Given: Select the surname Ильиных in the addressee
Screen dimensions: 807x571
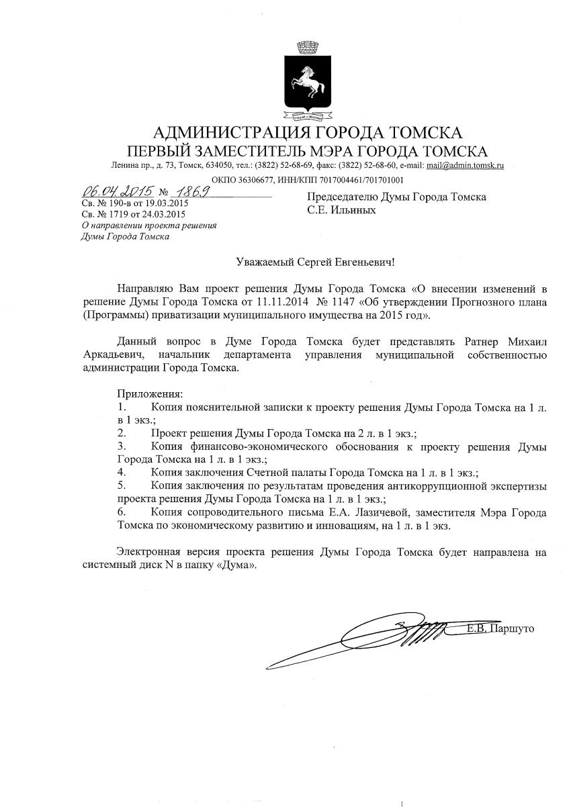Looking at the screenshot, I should click(352, 210).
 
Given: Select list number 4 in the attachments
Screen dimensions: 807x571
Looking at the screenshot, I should click(122, 472).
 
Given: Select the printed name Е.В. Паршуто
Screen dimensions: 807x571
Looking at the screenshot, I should click(500, 629).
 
